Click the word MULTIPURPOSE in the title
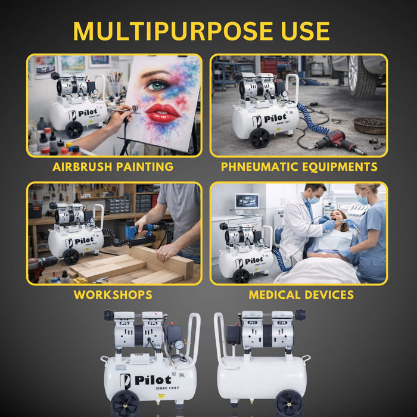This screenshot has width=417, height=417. click(173, 32)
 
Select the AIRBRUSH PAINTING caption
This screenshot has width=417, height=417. click(113, 167)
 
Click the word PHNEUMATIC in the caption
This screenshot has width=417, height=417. click(259, 167)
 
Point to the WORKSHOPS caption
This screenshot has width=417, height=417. click(113, 295)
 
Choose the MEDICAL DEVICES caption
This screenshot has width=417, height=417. click(301, 295)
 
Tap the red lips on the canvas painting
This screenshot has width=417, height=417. click(163, 113)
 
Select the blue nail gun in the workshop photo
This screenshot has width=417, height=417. click(138, 232)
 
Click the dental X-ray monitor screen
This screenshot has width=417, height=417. click(247, 201)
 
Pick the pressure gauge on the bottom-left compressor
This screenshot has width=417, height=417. click(179, 345)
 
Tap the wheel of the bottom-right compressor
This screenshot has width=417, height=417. click(289, 403)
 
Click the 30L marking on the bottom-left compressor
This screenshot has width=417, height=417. click(182, 375)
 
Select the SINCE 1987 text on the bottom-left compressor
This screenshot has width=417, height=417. click(167, 388)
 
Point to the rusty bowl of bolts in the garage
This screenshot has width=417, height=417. click(369, 126)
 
